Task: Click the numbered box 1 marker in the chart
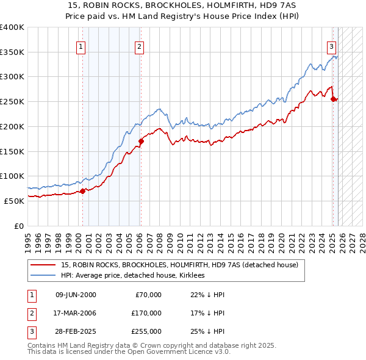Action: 81,46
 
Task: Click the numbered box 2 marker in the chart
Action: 140,46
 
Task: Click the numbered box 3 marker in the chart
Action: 331,46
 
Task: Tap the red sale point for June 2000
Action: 82,191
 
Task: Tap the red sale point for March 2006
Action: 141,141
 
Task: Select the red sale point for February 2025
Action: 333,99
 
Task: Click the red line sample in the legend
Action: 43,265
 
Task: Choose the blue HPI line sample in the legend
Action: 43,275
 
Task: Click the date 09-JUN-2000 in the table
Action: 76,295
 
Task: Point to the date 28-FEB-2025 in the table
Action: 76,331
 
